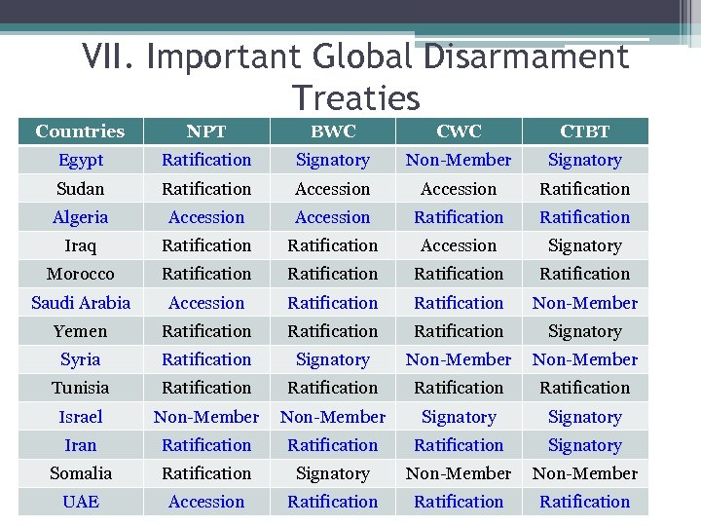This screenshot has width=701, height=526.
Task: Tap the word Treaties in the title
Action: pos(355,97)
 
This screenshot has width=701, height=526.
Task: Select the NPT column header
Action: pos(206,131)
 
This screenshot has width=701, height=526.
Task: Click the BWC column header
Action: pos(333,131)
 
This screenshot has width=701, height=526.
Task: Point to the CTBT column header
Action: pos(584,131)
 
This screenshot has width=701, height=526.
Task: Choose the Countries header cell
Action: pos(80,131)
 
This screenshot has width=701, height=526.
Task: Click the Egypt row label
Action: pos(80,160)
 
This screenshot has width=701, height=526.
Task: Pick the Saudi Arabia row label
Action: pos(80,303)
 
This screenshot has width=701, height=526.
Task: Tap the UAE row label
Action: pos(80,502)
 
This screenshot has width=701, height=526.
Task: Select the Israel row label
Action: pos(80,417)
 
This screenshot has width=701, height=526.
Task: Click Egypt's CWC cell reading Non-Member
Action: pos(459,160)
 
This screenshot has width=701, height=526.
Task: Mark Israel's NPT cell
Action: pos(206,417)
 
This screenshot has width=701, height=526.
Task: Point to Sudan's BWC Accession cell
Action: pos(333,189)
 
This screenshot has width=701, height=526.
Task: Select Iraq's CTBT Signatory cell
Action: pos(584,245)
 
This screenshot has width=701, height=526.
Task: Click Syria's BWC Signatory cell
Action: pos(333,359)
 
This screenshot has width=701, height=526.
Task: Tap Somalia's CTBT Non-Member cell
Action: pos(584,473)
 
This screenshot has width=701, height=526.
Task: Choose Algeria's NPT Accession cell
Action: pos(206,217)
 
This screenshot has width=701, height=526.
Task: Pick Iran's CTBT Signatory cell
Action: pos(584,445)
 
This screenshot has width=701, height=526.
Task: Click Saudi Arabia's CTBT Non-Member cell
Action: pos(584,303)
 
